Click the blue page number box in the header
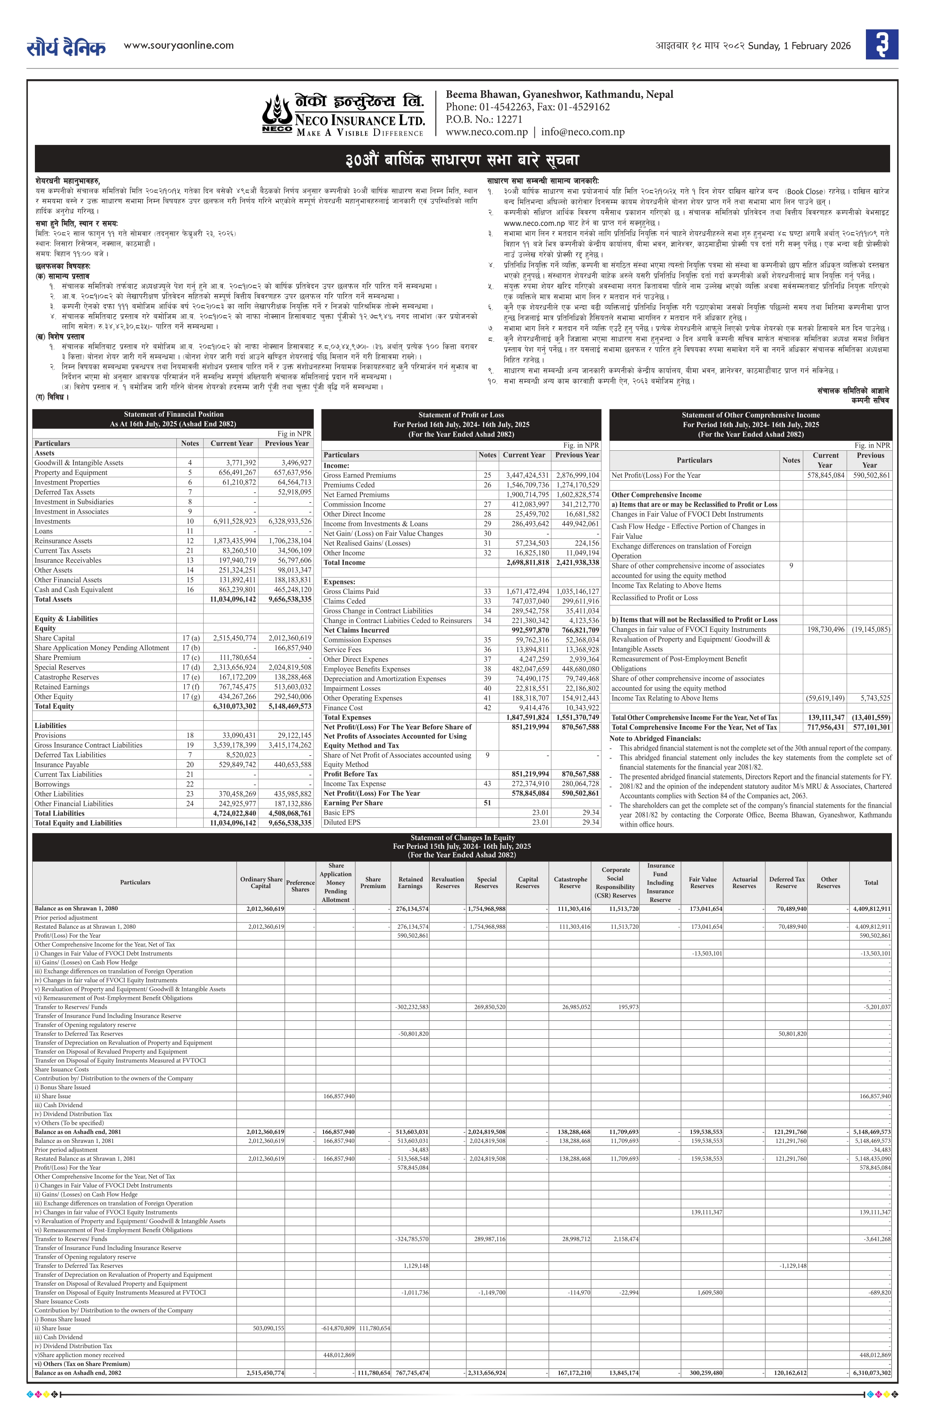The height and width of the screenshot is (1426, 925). coord(881,45)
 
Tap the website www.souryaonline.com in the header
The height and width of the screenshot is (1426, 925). coord(179,46)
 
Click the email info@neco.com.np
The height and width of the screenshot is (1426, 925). coord(583,132)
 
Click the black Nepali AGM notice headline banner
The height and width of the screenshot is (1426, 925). coord(461,159)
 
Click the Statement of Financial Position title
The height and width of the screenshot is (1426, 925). coord(173,414)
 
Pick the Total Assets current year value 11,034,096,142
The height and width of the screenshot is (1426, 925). coord(233,599)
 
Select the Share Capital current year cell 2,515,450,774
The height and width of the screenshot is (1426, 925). coord(233,638)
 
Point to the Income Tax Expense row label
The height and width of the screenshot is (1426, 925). coord(354,784)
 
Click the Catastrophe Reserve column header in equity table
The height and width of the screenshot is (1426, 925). coord(570,883)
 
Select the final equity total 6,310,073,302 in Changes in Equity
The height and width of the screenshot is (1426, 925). coord(871,1373)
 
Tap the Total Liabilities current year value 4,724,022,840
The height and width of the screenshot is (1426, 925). coord(234,813)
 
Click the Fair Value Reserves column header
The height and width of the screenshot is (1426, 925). coord(702,883)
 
